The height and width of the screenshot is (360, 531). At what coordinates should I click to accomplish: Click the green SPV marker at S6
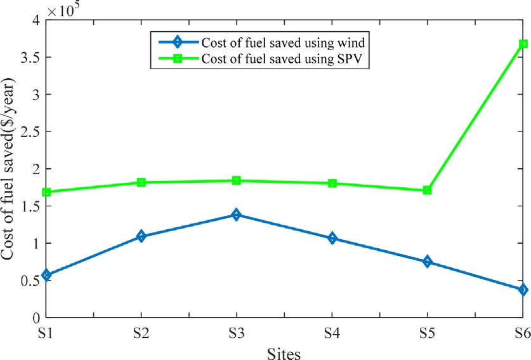click(523, 44)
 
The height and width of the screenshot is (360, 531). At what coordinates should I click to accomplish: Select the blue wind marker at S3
click(237, 215)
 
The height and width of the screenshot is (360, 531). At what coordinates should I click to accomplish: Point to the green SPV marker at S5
click(428, 190)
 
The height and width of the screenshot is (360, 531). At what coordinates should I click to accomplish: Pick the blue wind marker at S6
click(523, 290)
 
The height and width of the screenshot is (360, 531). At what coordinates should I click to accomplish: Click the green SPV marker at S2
click(141, 182)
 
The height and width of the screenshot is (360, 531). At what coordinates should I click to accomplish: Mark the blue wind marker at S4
click(332, 238)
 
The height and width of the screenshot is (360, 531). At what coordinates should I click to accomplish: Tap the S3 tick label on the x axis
click(237, 331)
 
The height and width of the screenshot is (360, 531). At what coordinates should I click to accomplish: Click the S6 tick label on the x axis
click(521, 331)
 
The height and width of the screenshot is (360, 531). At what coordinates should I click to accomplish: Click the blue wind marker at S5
click(428, 262)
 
